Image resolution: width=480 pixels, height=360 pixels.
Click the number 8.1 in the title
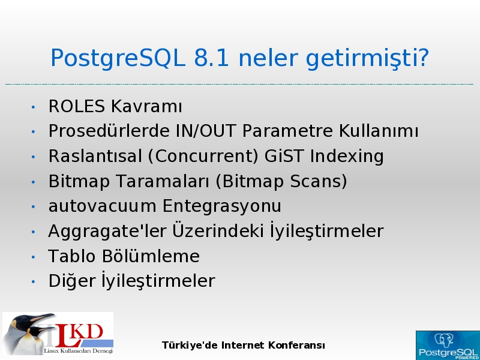(212, 58)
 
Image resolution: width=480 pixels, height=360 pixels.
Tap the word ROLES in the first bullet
(77, 107)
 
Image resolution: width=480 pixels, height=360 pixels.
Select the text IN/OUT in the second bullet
(206, 131)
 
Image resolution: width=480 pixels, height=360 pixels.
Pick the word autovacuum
(102, 206)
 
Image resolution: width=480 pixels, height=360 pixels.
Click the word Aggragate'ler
(107, 232)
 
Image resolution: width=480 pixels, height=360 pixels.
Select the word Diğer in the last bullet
(72, 281)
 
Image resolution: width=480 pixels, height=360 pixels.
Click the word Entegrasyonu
(221, 206)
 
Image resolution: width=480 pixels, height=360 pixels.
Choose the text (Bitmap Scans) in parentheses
(281, 182)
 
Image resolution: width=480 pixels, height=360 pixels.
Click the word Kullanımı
(379, 131)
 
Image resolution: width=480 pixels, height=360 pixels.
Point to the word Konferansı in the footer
(296, 346)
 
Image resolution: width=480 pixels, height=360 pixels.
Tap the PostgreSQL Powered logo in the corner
(448, 346)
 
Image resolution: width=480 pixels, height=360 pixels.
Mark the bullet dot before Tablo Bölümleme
(33, 257)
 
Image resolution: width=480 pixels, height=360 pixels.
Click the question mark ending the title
(422, 58)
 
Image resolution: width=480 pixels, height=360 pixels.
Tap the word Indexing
(347, 157)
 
